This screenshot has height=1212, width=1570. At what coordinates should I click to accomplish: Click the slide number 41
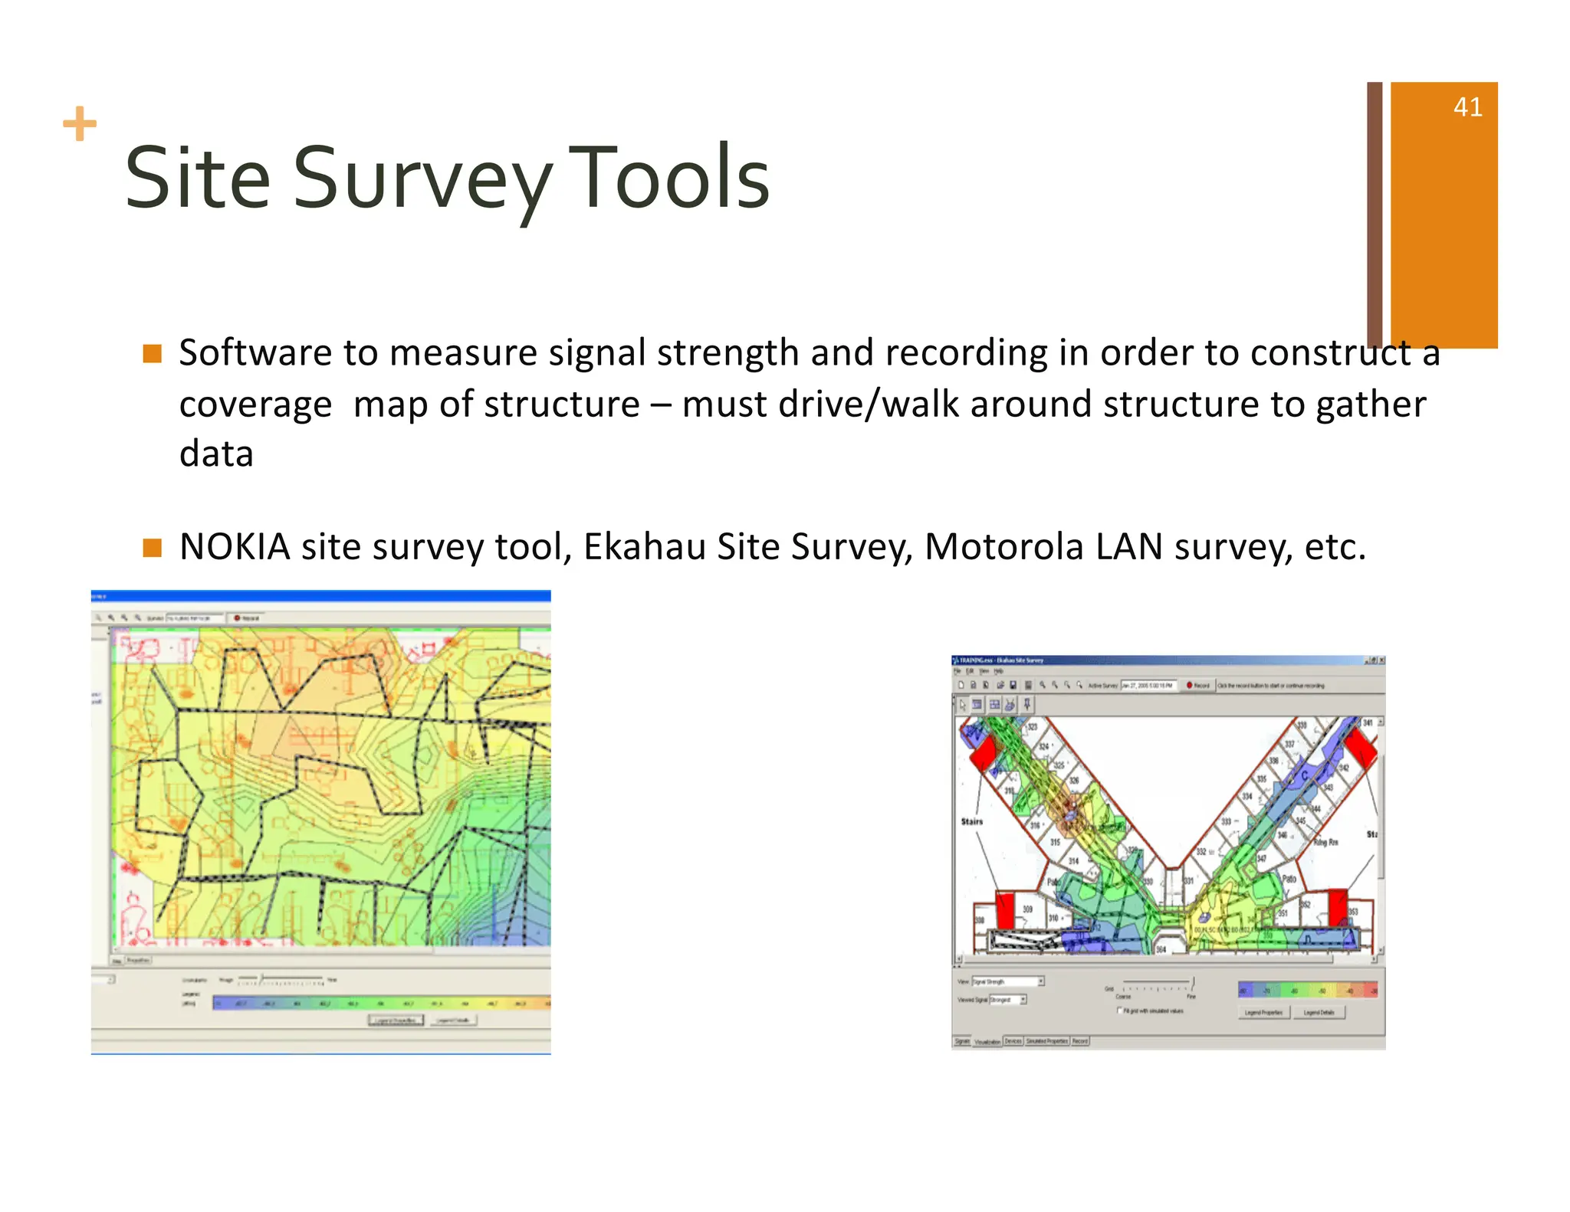(x=1467, y=107)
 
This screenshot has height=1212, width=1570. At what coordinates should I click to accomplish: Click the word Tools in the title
(x=668, y=179)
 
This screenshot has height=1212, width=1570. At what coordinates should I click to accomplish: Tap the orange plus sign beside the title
(x=80, y=124)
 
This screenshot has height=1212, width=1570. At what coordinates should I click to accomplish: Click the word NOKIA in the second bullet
(x=235, y=547)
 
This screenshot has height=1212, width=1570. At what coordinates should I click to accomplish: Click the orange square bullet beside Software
(x=153, y=353)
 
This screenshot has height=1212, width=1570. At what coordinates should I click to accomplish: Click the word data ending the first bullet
(x=216, y=454)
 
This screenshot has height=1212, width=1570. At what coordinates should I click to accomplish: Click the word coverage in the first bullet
(x=255, y=405)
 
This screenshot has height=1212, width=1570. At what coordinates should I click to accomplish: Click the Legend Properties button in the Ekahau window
(x=1263, y=1013)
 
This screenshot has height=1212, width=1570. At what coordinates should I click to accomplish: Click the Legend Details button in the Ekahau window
(x=1319, y=1013)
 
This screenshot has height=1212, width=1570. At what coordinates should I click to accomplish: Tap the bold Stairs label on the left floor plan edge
(x=971, y=821)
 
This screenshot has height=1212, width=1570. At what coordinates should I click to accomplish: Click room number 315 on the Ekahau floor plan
(x=1055, y=842)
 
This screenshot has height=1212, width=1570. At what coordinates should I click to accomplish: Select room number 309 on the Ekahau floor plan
(x=1027, y=909)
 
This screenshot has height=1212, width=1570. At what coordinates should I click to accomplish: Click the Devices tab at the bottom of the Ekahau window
(x=1013, y=1041)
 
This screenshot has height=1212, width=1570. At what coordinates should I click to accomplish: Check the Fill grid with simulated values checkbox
(x=1119, y=1011)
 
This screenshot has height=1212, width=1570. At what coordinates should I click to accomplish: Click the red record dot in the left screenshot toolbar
(x=237, y=617)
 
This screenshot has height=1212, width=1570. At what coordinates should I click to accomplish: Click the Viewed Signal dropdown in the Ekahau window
(x=1007, y=1000)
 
